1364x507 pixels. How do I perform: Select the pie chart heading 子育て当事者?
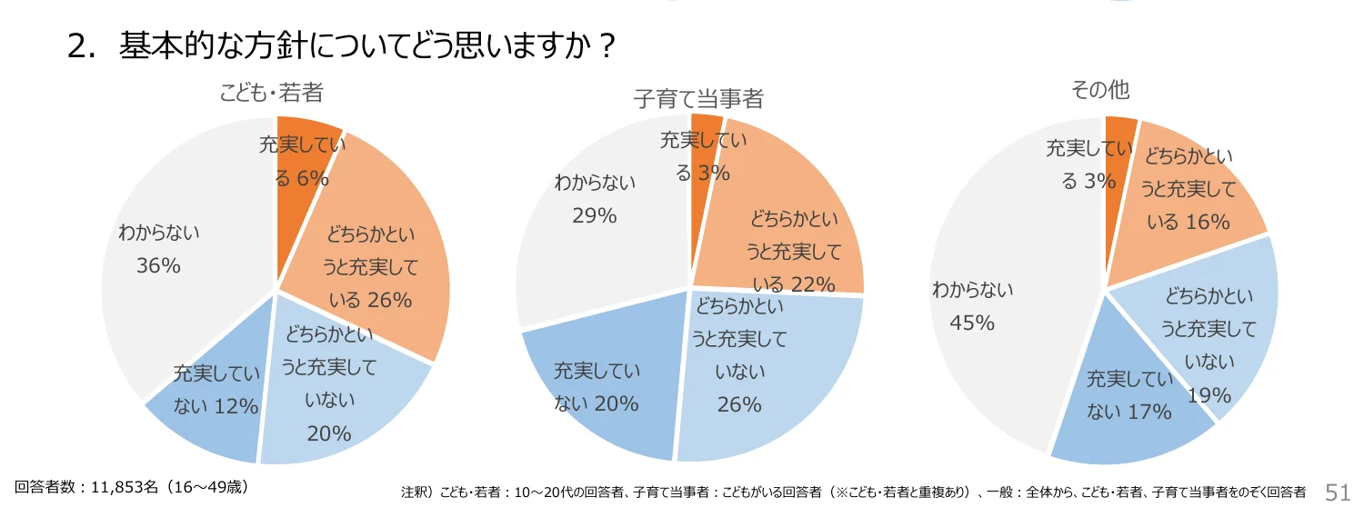tap(697, 98)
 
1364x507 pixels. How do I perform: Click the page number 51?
tap(1338, 492)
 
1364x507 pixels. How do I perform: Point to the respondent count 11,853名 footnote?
tap(132, 486)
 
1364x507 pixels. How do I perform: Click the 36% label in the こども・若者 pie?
tap(158, 266)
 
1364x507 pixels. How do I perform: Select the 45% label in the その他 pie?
tap(972, 323)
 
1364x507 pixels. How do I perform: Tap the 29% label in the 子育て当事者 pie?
tap(595, 215)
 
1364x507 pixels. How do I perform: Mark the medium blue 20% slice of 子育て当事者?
tap(600, 382)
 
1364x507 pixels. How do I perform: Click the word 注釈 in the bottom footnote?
tap(414, 492)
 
